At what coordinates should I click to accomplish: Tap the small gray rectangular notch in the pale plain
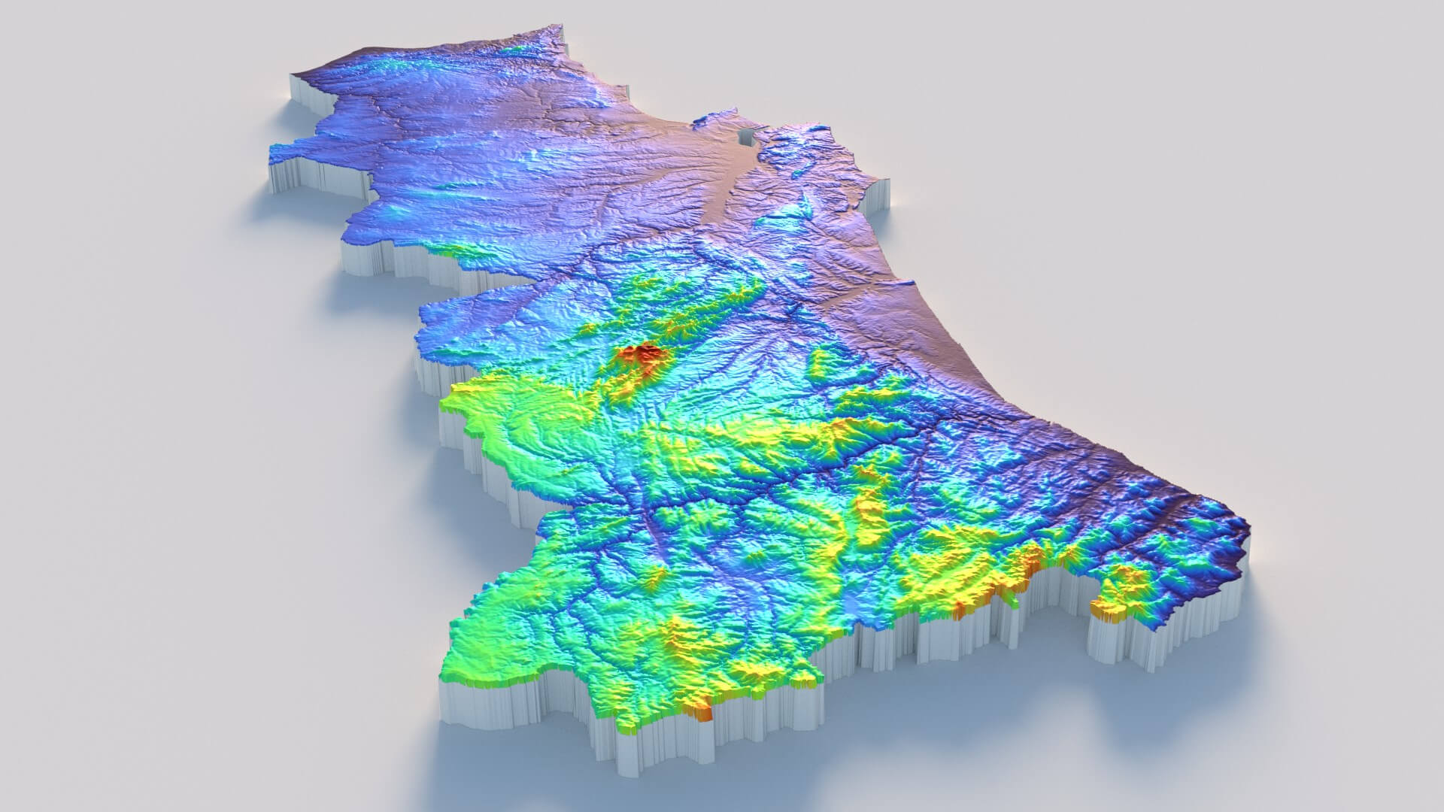pos(746,137)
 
